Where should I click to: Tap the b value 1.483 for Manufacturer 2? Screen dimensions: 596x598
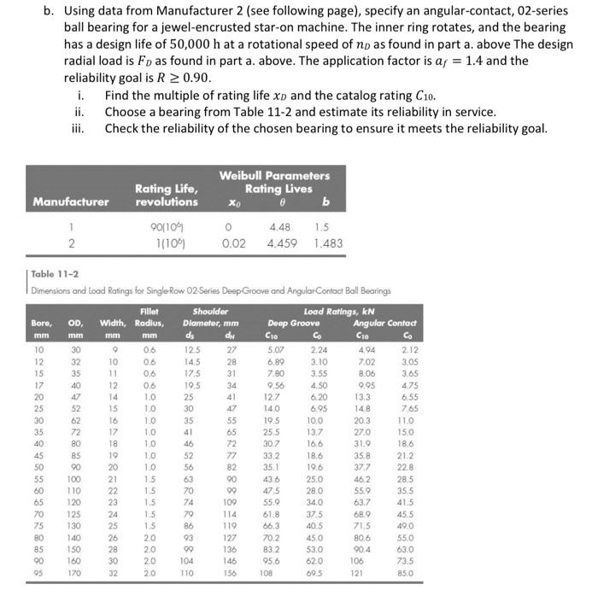[x=328, y=243]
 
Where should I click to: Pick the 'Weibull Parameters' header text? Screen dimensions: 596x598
[x=274, y=175]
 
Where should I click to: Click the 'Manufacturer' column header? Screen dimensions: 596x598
[x=71, y=202]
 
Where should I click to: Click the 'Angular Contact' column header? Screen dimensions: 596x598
[x=389, y=323]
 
